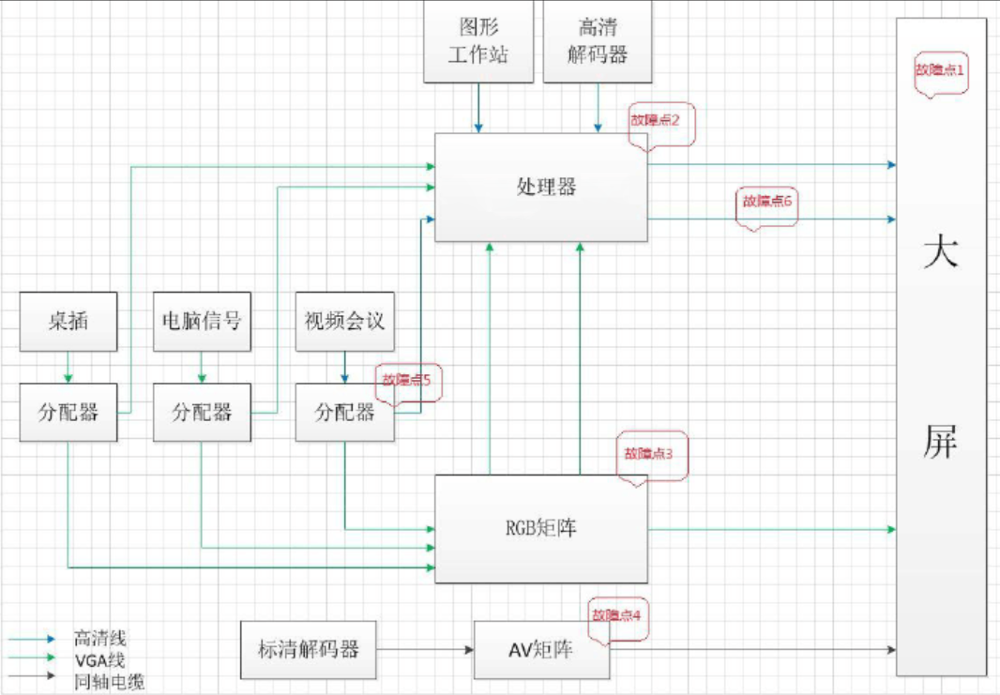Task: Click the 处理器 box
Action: (540, 187)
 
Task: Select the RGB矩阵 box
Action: (540, 528)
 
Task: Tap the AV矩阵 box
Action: (541, 649)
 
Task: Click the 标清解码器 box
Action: (308, 648)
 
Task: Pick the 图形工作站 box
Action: (478, 42)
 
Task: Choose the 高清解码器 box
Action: (598, 42)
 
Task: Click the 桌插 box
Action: (68, 322)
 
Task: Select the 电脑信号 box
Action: (202, 322)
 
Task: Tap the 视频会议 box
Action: (344, 322)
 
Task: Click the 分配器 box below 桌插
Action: (68, 412)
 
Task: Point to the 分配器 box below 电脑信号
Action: (202, 412)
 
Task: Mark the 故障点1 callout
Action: (940, 72)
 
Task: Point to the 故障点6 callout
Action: (767, 204)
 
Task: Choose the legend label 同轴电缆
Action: (108, 682)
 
